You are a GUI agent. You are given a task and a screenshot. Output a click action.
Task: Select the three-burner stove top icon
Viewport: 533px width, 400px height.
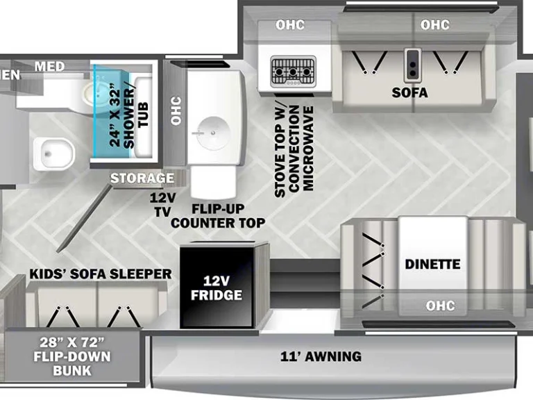[293, 72]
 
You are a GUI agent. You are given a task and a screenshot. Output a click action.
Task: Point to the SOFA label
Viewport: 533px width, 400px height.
[409, 92]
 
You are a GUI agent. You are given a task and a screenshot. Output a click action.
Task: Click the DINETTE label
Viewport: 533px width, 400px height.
[432, 264]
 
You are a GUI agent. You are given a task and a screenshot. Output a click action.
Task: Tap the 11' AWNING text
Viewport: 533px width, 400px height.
[321, 356]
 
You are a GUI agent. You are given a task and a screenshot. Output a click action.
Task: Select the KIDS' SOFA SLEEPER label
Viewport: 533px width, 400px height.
[101, 274]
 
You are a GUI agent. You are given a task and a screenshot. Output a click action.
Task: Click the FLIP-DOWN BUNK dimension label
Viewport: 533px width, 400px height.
[72, 356]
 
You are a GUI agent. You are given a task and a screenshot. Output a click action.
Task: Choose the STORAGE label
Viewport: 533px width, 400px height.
[142, 178]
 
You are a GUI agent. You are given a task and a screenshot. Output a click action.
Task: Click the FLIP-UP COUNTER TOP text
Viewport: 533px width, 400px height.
[218, 215]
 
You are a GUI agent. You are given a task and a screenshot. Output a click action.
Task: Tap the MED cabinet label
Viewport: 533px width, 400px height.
[50, 67]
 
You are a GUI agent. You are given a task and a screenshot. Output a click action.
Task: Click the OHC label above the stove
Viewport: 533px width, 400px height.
[290, 25]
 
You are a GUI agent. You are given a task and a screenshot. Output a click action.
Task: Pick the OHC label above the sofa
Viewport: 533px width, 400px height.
[435, 25]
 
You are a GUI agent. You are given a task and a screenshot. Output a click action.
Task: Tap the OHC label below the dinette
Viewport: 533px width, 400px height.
[441, 306]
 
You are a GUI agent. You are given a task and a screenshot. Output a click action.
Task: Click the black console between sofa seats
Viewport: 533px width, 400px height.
[413, 66]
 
